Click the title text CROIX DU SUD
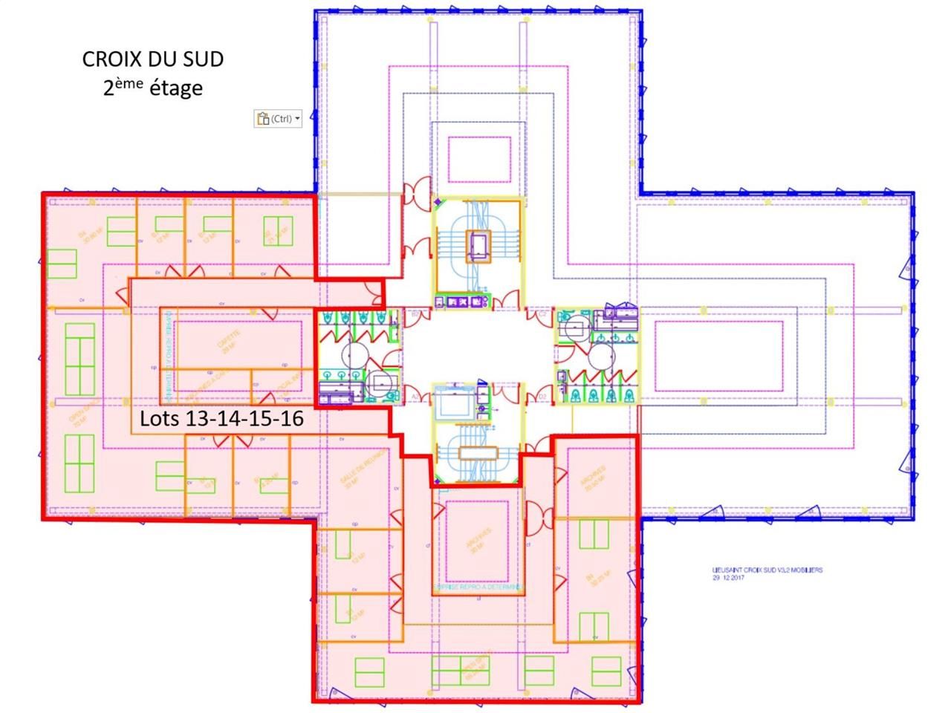[x=153, y=59]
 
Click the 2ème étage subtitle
[x=153, y=88]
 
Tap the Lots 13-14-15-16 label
[x=222, y=419]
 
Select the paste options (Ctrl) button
[x=279, y=119]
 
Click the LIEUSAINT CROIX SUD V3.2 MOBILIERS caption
[x=767, y=570]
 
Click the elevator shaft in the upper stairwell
[x=478, y=245]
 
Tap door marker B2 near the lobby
[x=413, y=314]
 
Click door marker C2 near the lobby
[x=543, y=314]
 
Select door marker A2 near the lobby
[x=413, y=398]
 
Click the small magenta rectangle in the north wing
[x=479, y=158]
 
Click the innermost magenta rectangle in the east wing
[x=718, y=356]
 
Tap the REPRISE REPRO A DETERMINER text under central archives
[x=478, y=587]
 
